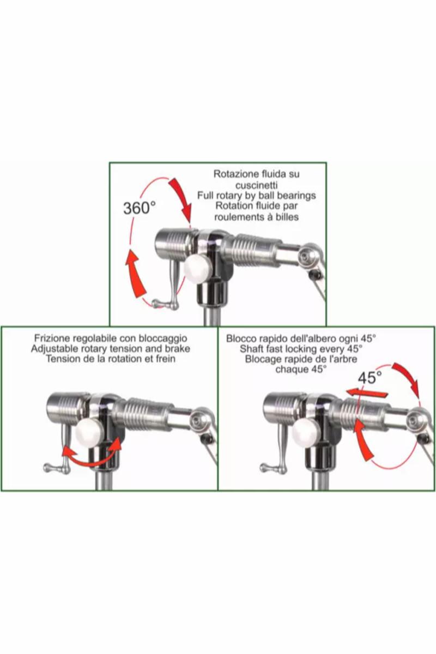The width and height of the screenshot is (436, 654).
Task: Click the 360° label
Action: (140, 208)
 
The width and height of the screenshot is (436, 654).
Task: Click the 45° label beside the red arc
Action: (370, 378)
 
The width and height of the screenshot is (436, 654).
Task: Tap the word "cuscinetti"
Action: (256, 185)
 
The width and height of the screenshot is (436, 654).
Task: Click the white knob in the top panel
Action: (197, 269)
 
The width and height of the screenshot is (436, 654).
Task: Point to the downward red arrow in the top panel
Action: (181, 199)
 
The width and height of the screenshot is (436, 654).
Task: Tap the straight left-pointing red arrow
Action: (367, 393)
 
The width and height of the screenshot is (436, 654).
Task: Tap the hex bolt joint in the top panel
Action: (307, 256)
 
